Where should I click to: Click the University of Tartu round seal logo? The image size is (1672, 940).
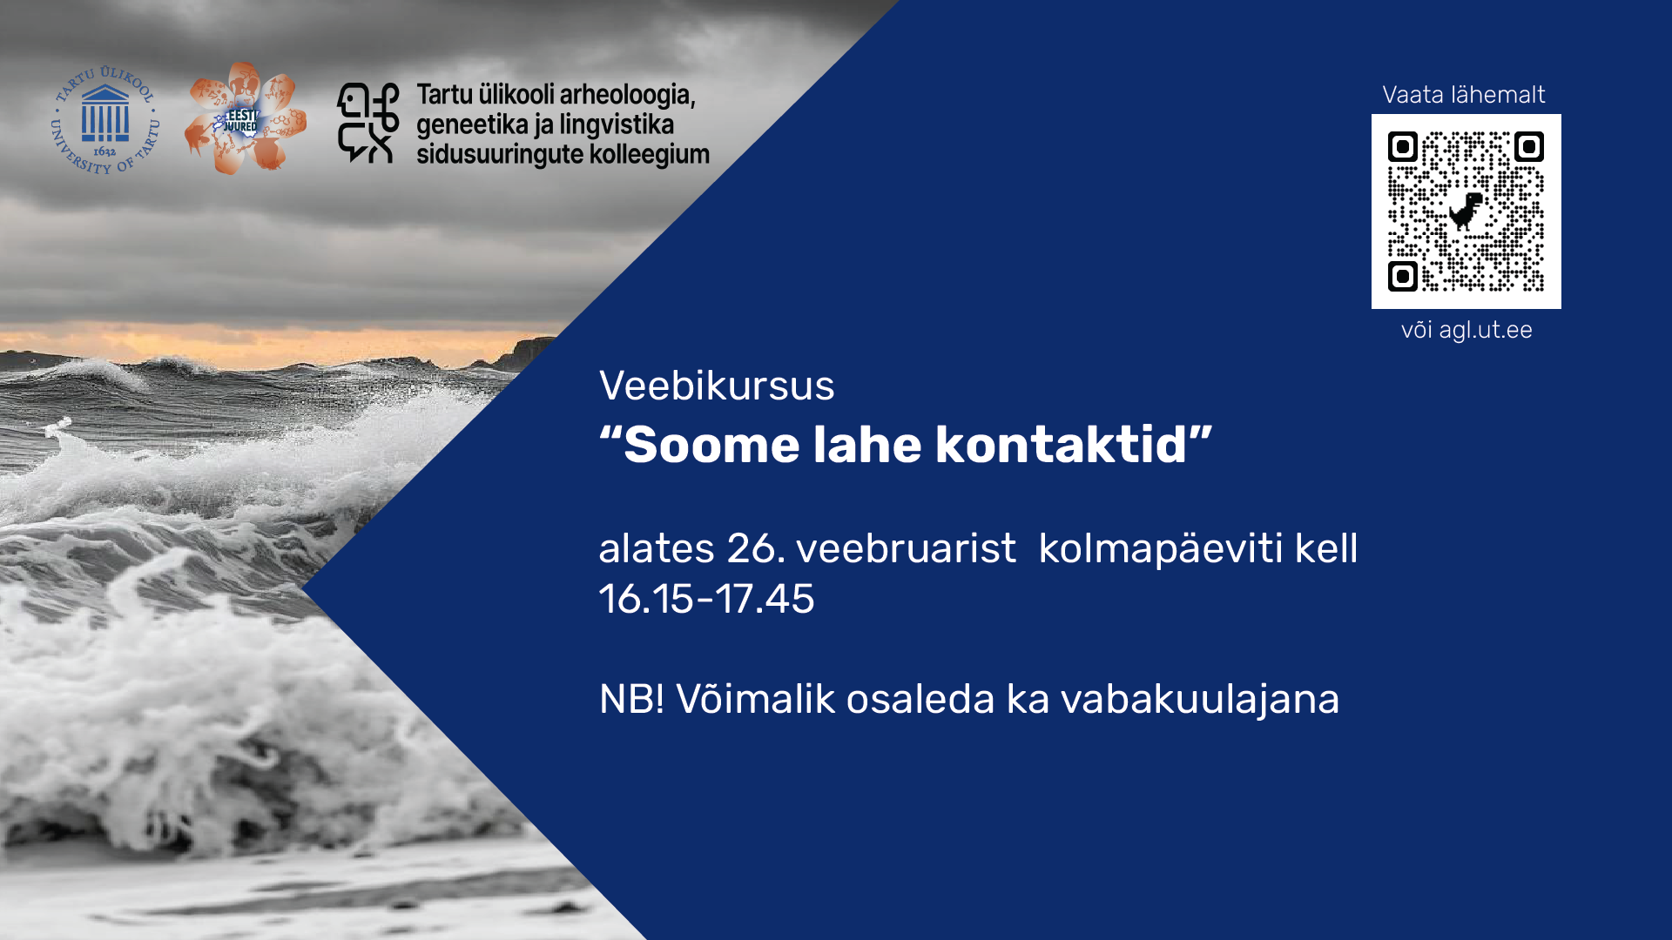105,119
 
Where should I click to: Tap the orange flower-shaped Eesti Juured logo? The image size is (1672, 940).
246,118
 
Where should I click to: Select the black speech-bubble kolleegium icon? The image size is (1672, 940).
367,123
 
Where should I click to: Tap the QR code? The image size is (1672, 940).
1466,211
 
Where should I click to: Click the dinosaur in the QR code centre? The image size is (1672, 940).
1466,211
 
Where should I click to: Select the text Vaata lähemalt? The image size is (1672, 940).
1463,95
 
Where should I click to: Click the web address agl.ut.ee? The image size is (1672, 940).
1485,330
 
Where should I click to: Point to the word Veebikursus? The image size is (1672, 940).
717,386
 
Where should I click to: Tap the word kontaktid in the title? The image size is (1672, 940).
1061,445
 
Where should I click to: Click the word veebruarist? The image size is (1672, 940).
906,548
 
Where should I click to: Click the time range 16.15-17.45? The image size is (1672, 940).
706,599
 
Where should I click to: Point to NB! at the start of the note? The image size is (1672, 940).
631,699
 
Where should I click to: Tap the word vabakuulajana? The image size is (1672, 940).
1200,700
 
